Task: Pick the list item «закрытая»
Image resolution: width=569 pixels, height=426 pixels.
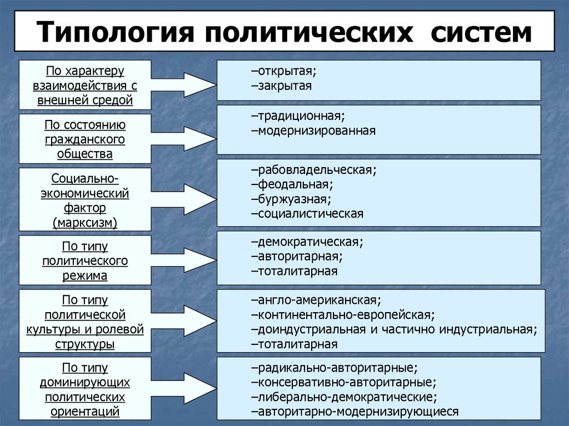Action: click(x=281, y=86)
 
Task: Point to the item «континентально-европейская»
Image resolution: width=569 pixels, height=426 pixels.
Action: click(x=342, y=315)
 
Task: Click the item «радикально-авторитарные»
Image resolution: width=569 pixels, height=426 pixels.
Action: click(x=334, y=368)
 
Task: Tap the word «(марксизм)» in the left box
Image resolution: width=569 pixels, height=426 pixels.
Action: click(x=85, y=222)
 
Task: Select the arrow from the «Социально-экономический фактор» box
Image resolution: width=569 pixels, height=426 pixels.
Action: click(x=183, y=199)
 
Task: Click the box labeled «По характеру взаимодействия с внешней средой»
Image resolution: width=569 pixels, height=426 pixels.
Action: click(x=85, y=85)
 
